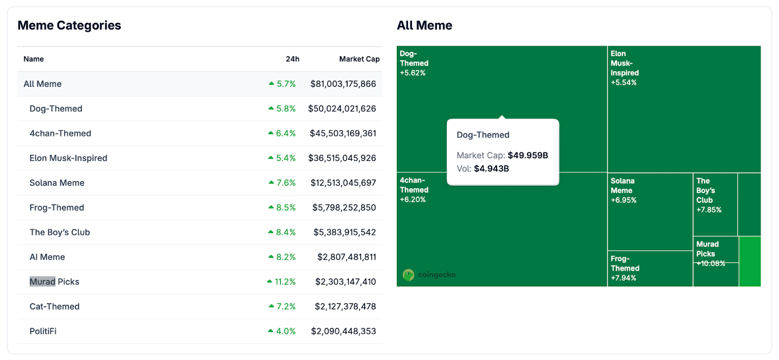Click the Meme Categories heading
(69, 25)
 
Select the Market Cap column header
(359, 59)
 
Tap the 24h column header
(292, 59)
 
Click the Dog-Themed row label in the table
(56, 109)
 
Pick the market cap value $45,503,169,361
(343, 133)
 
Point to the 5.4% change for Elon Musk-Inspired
(286, 158)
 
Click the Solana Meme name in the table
(56, 183)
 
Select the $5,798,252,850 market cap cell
(344, 208)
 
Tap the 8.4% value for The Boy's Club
(286, 232)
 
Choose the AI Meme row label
(47, 257)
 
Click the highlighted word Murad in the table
(42, 282)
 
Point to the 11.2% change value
(285, 282)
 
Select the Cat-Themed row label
(54, 306)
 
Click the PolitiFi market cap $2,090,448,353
(343, 331)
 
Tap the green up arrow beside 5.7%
(272, 84)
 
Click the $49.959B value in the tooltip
(528, 155)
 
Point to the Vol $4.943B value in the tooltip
(491, 169)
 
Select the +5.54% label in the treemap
(623, 83)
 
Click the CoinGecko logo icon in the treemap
(408, 275)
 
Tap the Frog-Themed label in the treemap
(625, 264)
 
